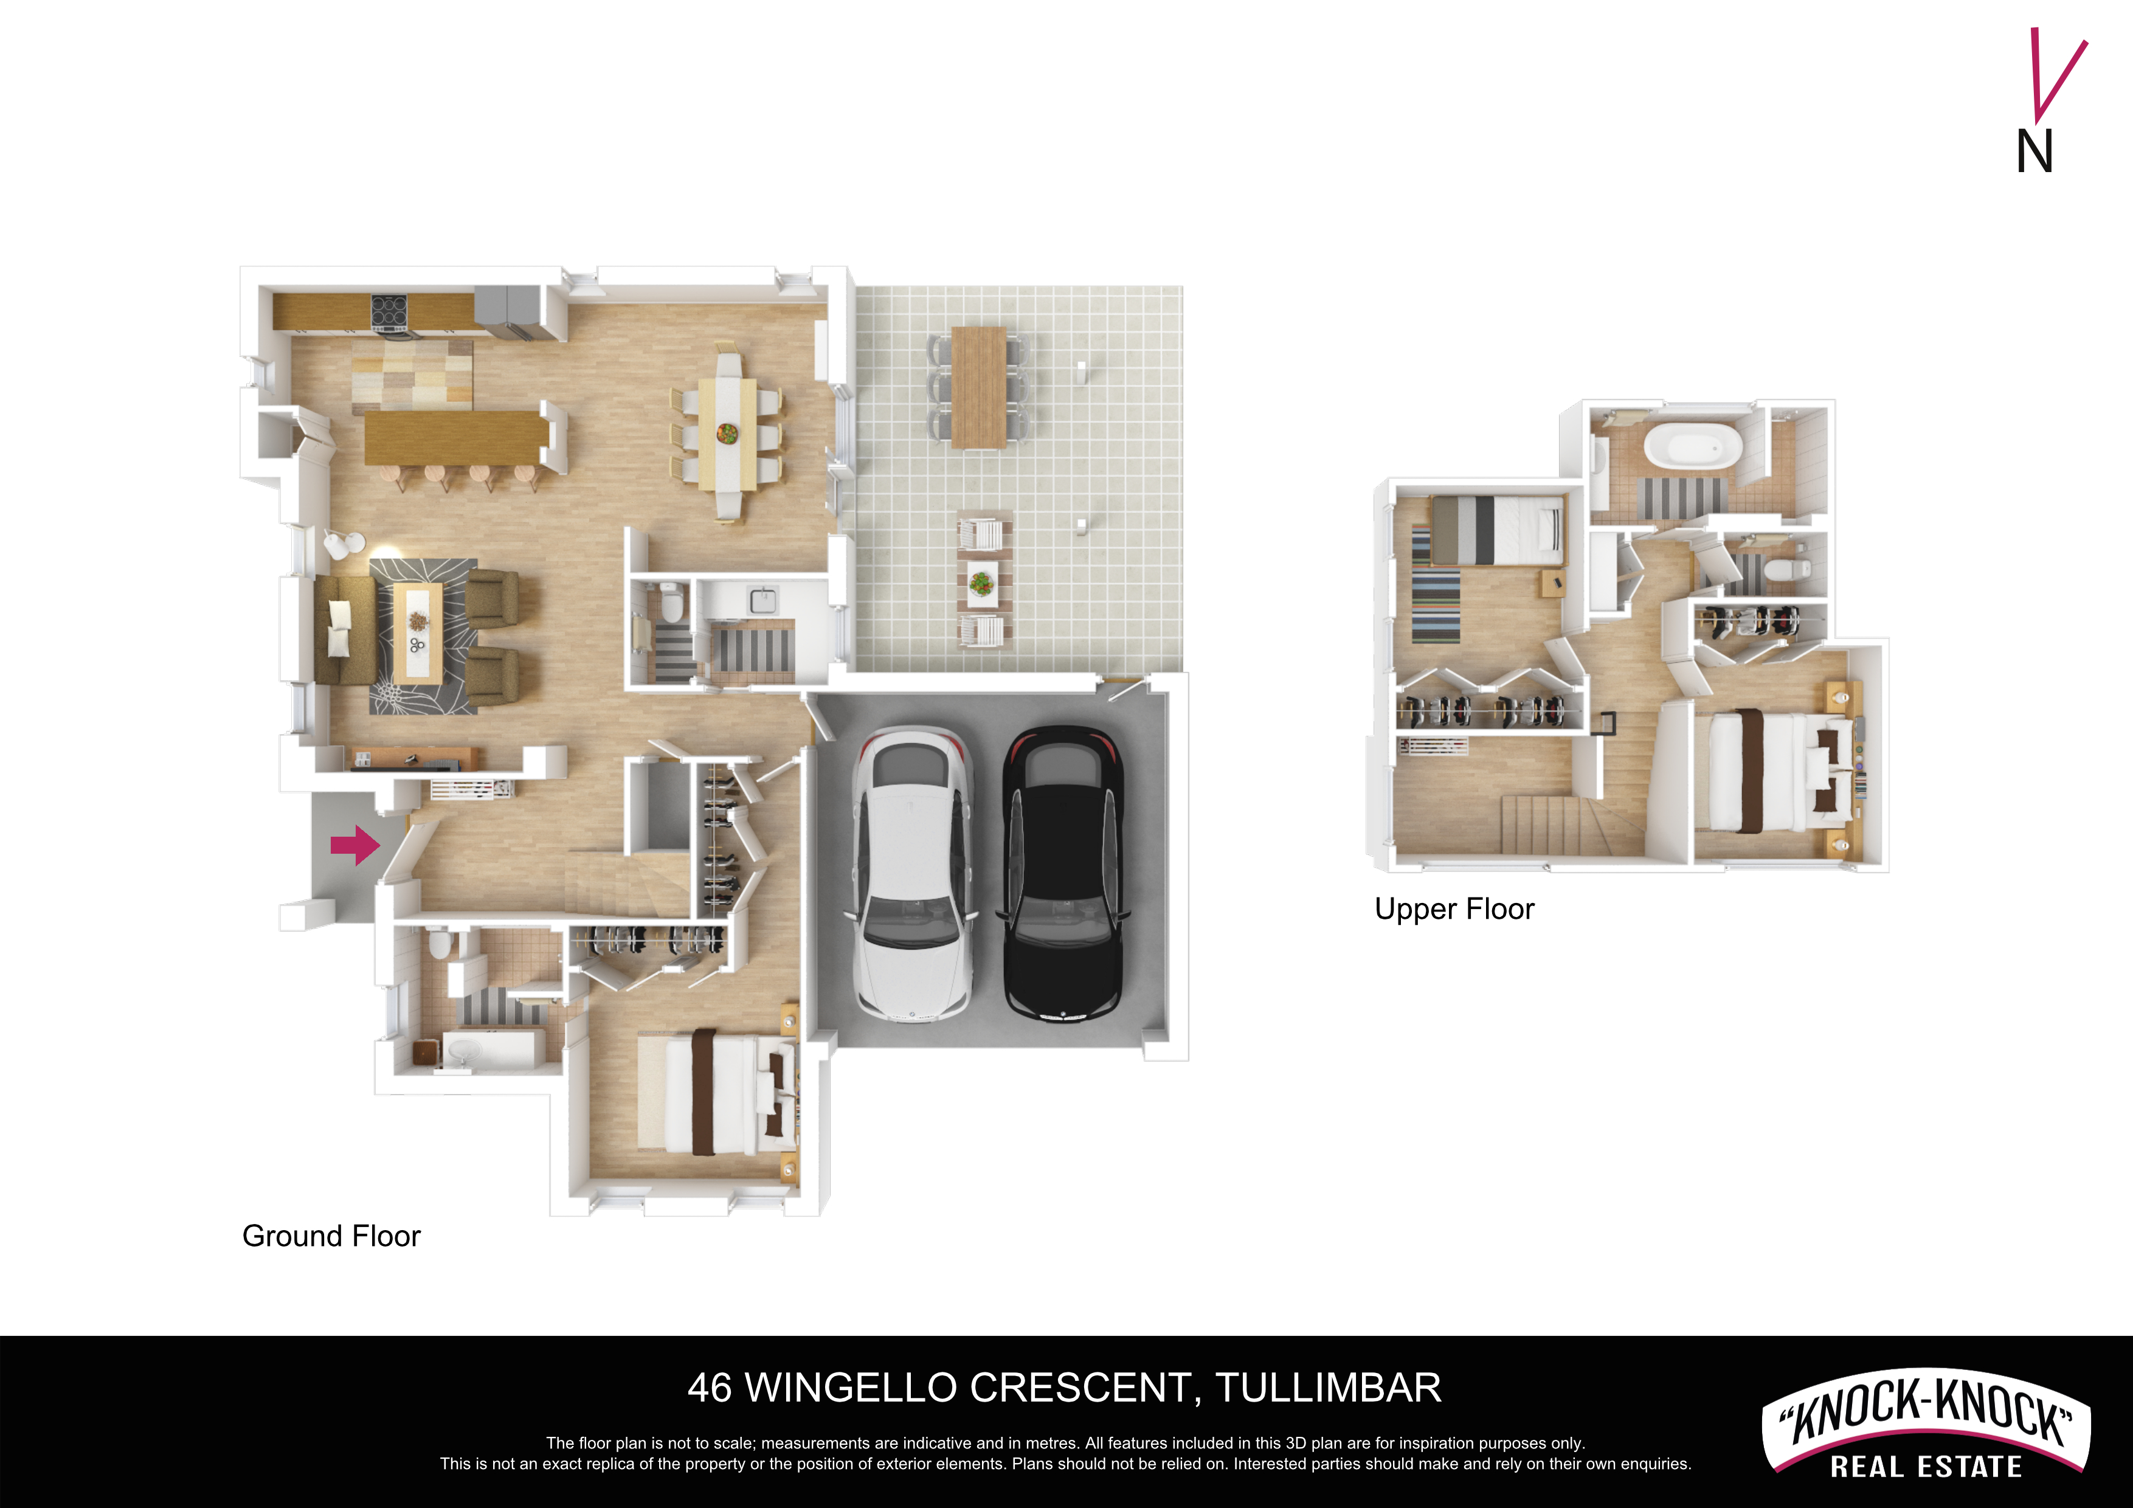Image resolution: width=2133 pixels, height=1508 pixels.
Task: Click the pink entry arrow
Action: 356,845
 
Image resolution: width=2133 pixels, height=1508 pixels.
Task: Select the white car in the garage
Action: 913,873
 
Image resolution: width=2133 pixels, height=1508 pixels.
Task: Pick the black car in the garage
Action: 1063,873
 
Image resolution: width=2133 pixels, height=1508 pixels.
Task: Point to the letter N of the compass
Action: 2034,151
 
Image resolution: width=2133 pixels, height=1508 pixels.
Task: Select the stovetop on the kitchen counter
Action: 390,313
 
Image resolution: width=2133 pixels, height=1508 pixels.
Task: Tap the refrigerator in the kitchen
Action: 507,311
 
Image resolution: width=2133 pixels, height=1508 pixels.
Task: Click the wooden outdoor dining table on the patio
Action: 979,387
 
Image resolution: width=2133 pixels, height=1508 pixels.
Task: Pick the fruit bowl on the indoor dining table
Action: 727,433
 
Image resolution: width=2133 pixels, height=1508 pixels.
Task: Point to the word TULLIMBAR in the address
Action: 1329,1388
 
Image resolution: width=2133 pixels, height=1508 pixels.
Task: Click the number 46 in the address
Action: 710,1388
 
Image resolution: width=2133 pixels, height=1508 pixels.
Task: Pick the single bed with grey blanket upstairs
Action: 1496,531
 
